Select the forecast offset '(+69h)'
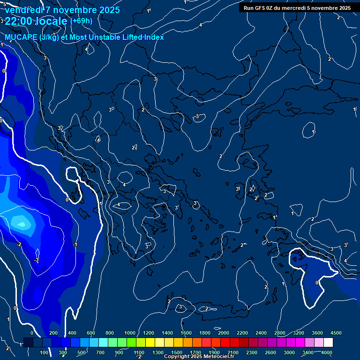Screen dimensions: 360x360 tap(81, 21)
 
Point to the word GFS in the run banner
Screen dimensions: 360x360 tap(260, 8)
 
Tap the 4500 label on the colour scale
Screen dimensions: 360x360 tap(336, 333)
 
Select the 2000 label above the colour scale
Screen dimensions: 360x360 tap(224, 333)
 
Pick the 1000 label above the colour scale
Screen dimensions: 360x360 tap(130, 333)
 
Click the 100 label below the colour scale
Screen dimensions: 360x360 tap(45, 352)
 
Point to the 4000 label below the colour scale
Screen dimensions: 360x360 tap(327, 352)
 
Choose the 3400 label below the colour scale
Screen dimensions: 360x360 tap(308, 352)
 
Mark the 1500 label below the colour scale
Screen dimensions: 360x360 tap(177, 352)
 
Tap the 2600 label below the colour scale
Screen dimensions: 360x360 tap(270, 352)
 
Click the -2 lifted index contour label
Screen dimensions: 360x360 tap(19, 245)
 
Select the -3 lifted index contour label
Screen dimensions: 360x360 tap(37, 259)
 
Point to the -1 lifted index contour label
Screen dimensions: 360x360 tap(75, 245)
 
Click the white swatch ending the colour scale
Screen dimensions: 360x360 tap(328, 343)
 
